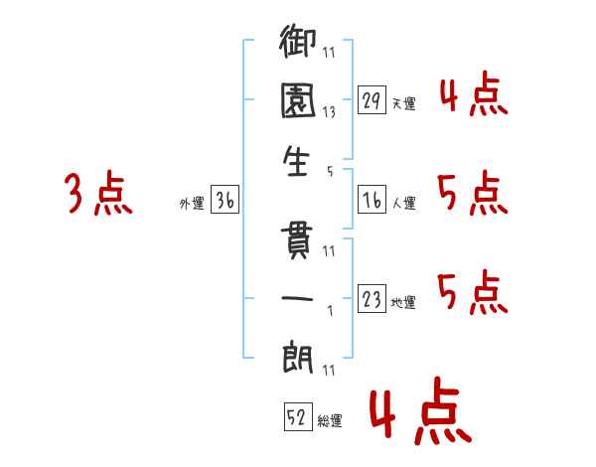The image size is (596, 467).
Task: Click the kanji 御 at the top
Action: pos(297,41)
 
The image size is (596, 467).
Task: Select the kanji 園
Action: pos(298,100)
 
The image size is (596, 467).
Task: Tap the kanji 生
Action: pos(296,161)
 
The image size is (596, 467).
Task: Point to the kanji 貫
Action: pos(296,240)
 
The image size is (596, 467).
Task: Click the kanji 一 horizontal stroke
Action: pos(297,298)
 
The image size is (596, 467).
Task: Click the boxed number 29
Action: pos(372,99)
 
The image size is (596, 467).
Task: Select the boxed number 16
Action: pos(372,200)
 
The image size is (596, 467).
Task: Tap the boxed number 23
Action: pos(372,298)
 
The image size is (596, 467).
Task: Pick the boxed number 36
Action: pos(224,200)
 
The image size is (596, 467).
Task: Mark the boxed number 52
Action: pos(298,416)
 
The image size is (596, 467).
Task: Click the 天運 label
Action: pos(404,103)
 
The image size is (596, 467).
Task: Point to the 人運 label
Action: pos(404,203)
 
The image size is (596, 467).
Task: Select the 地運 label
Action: pos(403,302)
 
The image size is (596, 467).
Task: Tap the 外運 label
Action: pos(192,203)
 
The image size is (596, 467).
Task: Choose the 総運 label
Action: pos(330,420)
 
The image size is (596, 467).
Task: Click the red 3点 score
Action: pos(98,193)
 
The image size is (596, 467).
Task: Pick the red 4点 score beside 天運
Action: pos(474,93)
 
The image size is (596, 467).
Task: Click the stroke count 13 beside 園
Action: pos(329,112)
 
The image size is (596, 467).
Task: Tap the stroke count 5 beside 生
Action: pos(330,172)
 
